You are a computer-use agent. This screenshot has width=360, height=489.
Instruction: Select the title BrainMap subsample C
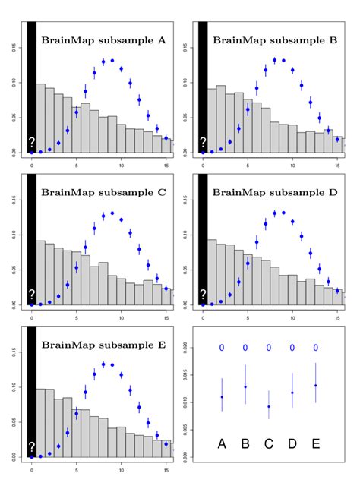click(103, 191)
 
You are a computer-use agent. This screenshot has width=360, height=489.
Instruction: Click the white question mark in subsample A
click(32, 143)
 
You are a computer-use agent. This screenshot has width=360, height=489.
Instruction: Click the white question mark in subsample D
click(203, 295)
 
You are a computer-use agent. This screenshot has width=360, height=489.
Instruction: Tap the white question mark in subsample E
click(32, 447)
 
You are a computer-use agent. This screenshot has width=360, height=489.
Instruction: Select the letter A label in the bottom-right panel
click(222, 443)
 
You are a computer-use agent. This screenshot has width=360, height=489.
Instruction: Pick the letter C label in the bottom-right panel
click(268, 443)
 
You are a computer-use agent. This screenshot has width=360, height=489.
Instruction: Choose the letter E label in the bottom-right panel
click(315, 443)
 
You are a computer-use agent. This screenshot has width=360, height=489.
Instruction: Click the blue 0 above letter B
click(245, 348)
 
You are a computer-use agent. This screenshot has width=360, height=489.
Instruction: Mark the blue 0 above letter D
click(292, 348)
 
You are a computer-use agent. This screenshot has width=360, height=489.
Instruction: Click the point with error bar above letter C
click(268, 406)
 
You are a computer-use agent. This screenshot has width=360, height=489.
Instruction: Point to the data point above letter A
click(222, 397)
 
